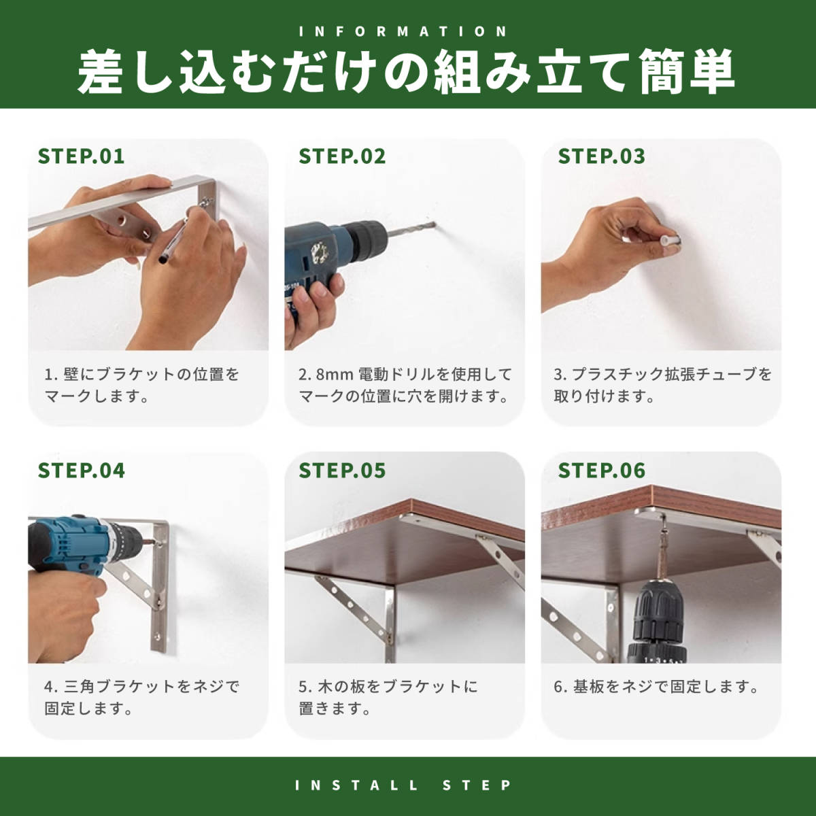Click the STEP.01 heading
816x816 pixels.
coord(82,156)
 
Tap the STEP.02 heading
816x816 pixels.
coord(342,156)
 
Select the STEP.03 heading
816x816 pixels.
coord(602,156)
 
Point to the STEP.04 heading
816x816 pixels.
coord(82,471)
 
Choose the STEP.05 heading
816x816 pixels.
coord(342,471)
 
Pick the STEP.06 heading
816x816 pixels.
coord(602,471)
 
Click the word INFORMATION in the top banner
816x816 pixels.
coord(403,31)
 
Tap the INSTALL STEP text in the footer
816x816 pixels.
coord(403,785)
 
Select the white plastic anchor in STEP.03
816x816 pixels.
coord(670,243)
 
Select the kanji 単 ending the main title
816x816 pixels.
coord(712,71)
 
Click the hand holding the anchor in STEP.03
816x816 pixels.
coord(606,250)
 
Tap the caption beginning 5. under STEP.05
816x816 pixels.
coord(388,698)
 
